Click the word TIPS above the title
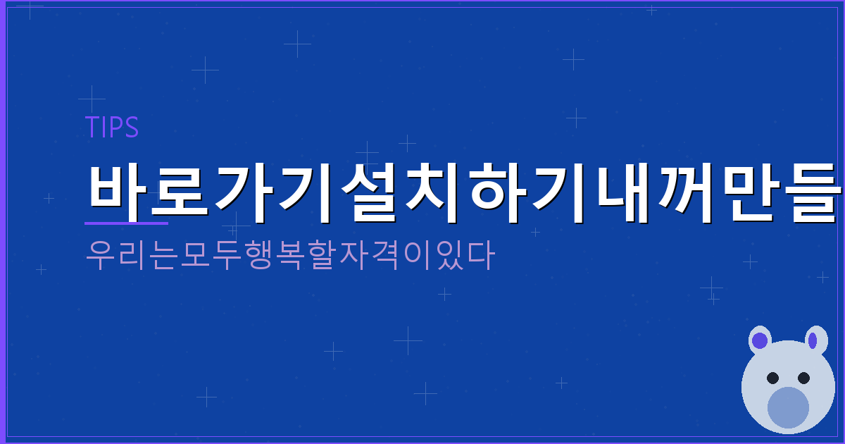[x=111, y=128]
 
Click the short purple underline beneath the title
[x=126, y=223]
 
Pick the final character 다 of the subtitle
[x=481, y=256]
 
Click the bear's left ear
[x=759, y=340]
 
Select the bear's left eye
[x=772, y=378]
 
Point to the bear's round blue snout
[x=788, y=407]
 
